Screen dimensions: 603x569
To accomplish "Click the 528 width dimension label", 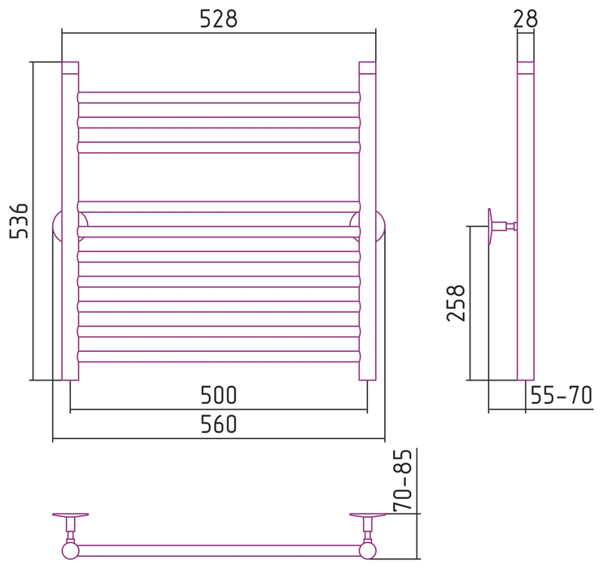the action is (218, 19).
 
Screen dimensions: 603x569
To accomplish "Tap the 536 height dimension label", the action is (19, 221).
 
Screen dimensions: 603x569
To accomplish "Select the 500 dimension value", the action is (218, 395).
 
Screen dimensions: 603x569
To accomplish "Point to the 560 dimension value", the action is (218, 424).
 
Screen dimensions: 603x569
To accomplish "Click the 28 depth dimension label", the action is (526, 19).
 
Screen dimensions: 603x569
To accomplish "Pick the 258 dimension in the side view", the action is (456, 302).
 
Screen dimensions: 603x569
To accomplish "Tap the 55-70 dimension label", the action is (561, 395).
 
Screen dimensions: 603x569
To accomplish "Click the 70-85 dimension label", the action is (403, 480).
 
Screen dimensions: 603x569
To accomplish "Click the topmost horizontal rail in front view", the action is (219, 98).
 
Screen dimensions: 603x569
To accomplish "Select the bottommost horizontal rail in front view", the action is (219, 357).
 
